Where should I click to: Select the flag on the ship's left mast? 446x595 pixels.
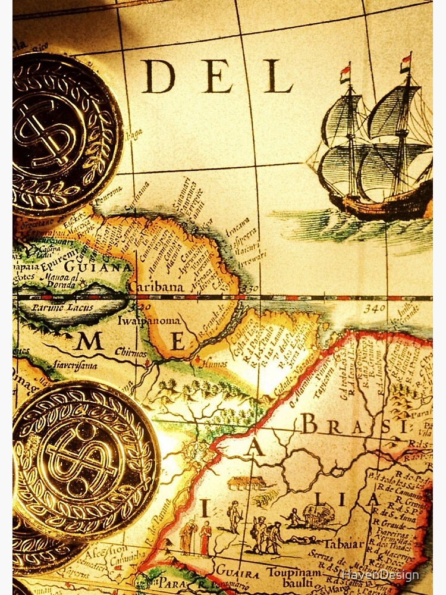click(345, 73)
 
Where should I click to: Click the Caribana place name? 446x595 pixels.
click(156, 287)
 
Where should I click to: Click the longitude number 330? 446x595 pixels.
click(250, 289)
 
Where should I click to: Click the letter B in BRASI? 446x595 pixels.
click(309, 424)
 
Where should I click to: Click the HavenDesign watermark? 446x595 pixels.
click(381, 575)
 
